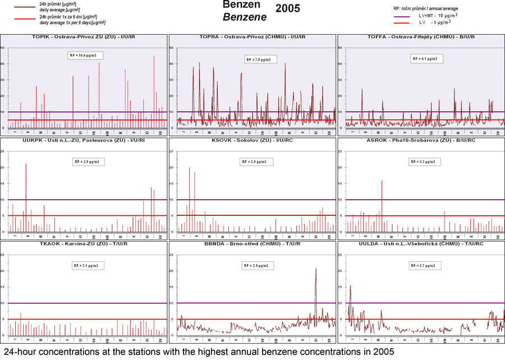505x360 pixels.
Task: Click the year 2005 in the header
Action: tap(288, 8)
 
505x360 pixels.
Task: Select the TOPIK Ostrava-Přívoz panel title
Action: tap(84, 37)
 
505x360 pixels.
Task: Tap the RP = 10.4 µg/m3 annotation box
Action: tap(87, 56)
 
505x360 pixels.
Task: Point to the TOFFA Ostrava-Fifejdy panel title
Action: tap(421, 37)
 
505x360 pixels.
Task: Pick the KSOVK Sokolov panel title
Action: tap(252, 140)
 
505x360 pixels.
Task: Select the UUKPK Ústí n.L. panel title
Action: tap(84, 140)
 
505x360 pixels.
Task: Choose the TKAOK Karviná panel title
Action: tap(84, 244)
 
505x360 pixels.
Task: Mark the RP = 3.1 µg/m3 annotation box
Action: tap(87, 265)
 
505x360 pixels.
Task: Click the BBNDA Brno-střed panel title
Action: tap(252, 244)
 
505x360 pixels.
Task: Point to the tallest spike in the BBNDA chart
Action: tap(316, 270)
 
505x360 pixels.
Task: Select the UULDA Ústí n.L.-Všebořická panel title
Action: tap(421, 244)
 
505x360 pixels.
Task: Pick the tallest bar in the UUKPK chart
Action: tap(26, 165)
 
